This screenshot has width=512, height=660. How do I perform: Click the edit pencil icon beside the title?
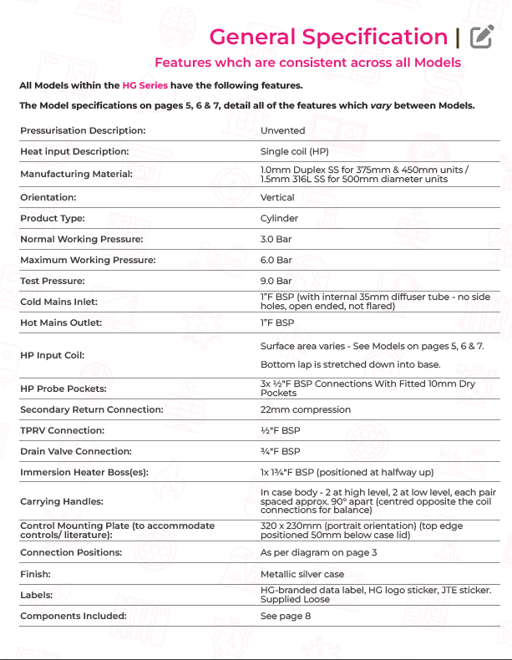click(481, 37)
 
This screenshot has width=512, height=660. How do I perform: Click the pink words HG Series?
click(145, 85)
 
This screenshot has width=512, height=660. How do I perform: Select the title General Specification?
click(328, 37)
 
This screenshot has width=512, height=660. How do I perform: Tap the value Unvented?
click(282, 130)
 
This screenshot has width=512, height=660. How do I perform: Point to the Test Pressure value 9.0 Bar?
click(276, 281)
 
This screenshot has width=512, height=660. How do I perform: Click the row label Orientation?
click(48, 197)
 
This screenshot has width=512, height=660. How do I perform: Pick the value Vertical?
click(277, 197)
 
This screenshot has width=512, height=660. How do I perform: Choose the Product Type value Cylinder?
click(279, 218)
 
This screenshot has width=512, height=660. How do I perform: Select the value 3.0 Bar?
click(276, 239)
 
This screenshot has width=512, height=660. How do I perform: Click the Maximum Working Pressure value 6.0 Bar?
click(276, 260)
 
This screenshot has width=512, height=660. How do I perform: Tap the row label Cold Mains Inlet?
click(58, 302)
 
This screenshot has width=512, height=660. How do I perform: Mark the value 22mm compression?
click(306, 409)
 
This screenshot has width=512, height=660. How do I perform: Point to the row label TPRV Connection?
click(63, 430)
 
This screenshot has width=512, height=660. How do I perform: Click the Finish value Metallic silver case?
click(302, 574)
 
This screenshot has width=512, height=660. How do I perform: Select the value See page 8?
click(285, 616)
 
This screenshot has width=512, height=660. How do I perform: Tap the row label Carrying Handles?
click(62, 501)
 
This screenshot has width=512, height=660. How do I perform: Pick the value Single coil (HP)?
click(294, 151)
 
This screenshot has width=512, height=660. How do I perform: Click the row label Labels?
click(37, 595)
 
